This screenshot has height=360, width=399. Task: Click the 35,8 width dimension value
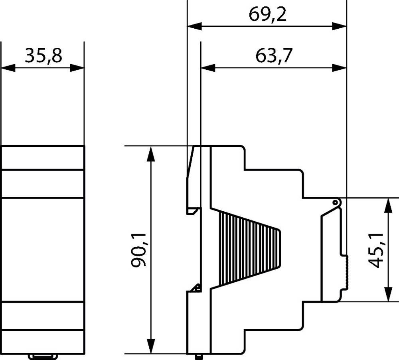(x=43, y=56)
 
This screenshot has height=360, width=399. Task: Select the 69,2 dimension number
(x=268, y=15)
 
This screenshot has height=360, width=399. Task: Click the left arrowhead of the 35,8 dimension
(x=8, y=68)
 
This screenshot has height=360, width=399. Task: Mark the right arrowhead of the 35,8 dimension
(x=77, y=68)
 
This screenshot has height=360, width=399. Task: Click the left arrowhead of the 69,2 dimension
(x=194, y=27)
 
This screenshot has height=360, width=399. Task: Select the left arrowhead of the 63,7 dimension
(x=207, y=68)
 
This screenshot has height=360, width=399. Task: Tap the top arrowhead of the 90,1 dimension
(x=151, y=153)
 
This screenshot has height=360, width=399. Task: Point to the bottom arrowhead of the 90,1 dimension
(x=151, y=346)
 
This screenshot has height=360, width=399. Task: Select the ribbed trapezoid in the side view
(x=247, y=250)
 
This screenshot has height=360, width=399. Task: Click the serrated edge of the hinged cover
(x=346, y=273)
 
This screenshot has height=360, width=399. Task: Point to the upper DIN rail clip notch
(x=193, y=210)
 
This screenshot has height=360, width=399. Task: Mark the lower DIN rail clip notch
(x=195, y=288)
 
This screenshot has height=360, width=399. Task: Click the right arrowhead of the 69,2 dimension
(x=339, y=27)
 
